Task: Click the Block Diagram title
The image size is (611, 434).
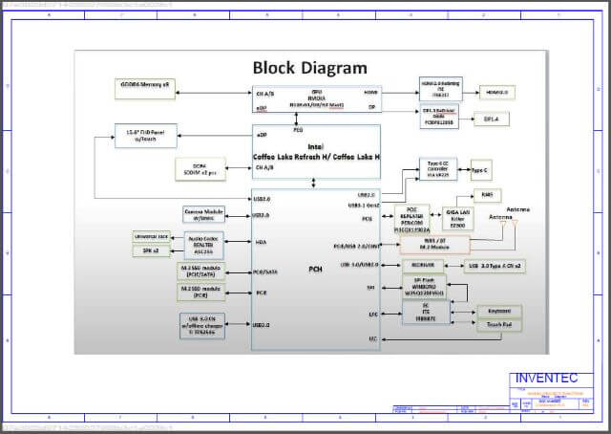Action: (308, 68)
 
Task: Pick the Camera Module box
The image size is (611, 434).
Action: (203, 214)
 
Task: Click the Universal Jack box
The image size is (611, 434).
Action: (150, 235)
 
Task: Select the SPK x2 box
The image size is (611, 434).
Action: (150, 250)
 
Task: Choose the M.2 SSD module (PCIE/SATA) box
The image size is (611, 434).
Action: (201, 269)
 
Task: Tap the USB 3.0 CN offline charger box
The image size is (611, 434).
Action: (202, 322)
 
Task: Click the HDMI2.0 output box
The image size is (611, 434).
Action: (497, 92)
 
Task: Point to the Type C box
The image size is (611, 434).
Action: (481, 170)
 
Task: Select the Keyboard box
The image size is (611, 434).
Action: (499, 311)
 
